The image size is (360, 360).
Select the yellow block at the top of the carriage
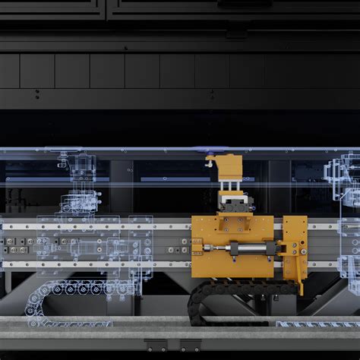point(226,164)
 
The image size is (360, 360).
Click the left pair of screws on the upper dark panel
point(36,96)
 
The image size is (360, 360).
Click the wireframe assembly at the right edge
point(346,213)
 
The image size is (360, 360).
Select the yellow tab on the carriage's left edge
point(196,245)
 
